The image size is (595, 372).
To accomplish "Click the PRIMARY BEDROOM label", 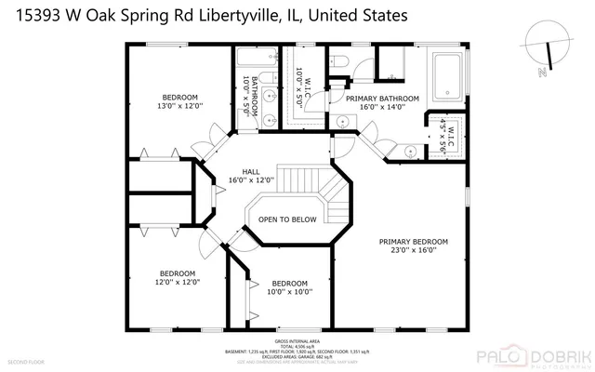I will pyautogui.click(x=414, y=241).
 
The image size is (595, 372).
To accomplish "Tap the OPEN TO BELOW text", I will pyautogui.click(x=287, y=219).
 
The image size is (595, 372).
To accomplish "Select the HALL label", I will pyautogui.click(x=251, y=172).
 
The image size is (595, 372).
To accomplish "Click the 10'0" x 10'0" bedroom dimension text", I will pyautogui.click(x=289, y=292).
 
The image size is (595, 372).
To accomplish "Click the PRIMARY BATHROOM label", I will pyautogui.click(x=382, y=98).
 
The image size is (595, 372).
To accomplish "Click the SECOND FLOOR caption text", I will pyautogui.click(x=25, y=361).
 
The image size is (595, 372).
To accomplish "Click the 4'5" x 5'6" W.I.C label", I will pyautogui.click(x=443, y=135).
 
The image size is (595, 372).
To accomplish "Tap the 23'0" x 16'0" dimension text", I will pyautogui.click(x=414, y=250).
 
